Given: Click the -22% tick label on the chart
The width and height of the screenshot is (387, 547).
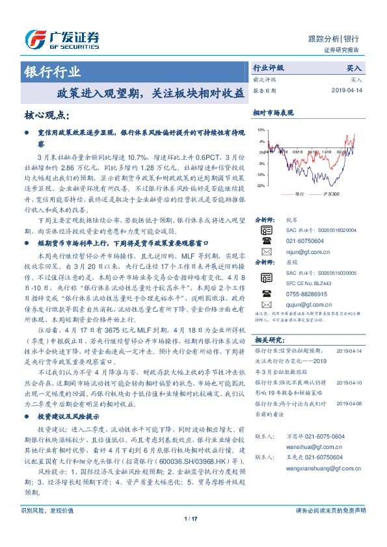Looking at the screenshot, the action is coord(260,186).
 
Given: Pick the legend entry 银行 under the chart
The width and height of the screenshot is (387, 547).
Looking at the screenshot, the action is coord(299,194).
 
